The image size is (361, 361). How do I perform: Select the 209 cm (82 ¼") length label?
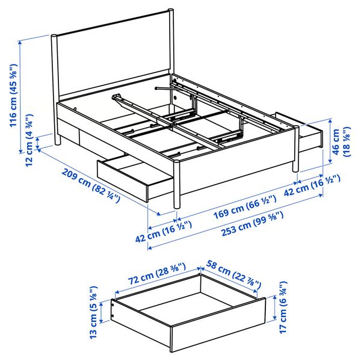tap(90, 185)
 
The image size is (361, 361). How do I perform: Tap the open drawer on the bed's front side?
tap(135, 177)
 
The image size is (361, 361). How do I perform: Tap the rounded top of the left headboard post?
tap(54, 36)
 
